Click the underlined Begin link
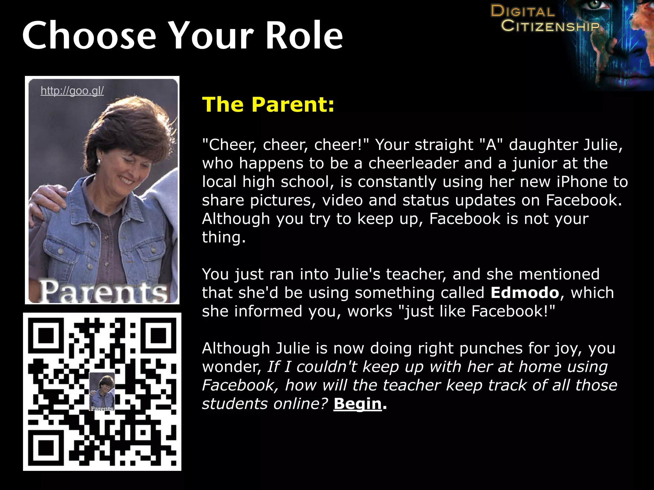coord(358,404)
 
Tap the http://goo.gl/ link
coord(72,91)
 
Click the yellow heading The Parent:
coord(268,104)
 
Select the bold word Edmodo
coord(525,293)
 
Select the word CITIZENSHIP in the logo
coord(550,26)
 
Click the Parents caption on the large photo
coord(103,291)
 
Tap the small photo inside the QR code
coord(102,391)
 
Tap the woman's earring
coord(99,162)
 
